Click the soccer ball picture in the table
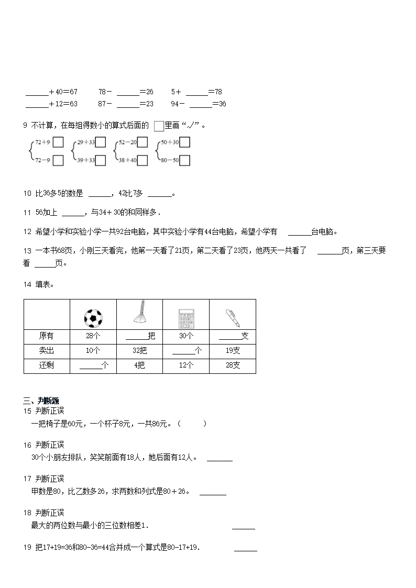click(93, 317)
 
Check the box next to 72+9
click(58, 142)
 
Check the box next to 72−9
click(58, 160)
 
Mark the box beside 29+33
click(101, 142)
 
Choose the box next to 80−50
click(184, 160)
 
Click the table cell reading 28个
click(93, 336)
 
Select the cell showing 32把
click(139, 351)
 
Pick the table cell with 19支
click(233, 351)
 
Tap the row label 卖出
click(47, 351)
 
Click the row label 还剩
click(47, 365)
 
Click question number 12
click(28, 232)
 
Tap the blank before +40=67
click(37, 93)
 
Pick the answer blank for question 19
click(245, 549)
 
